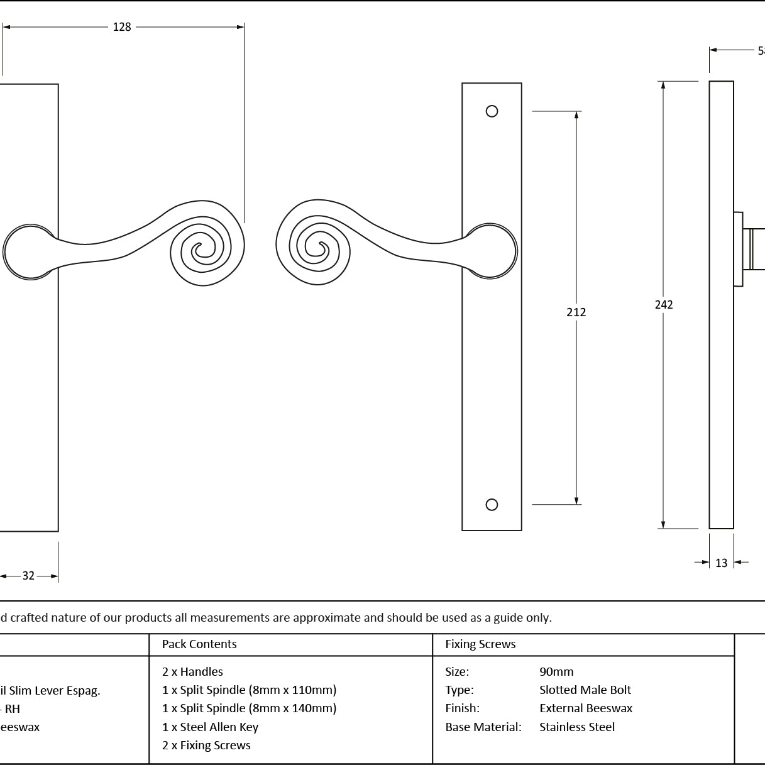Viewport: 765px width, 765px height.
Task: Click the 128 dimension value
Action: click(x=122, y=27)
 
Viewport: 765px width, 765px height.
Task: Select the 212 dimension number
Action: click(x=576, y=312)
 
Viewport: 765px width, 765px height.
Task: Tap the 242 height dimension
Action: click(x=664, y=305)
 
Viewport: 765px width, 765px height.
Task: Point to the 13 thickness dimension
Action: click(x=721, y=563)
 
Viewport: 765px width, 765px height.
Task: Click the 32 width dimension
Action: click(x=28, y=576)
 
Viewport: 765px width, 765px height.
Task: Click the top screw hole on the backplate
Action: click(x=492, y=111)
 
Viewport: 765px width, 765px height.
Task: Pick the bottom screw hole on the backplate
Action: click(x=492, y=504)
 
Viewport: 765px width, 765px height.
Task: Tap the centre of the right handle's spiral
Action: click(x=319, y=249)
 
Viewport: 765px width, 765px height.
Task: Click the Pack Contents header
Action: click(x=199, y=644)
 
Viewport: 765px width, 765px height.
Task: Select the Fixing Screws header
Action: click(x=480, y=644)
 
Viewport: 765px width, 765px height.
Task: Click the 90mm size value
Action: click(x=556, y=672)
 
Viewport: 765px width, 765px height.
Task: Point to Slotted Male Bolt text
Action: click(x=585, y=690)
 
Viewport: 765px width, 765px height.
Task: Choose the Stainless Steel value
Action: click(x=577, y=727)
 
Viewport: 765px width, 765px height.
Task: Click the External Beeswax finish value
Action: click(x=586, y=708)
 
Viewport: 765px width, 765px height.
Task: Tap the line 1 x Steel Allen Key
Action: click(x=210, y=727)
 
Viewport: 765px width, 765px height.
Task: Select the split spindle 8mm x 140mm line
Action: click(x=249, y=708)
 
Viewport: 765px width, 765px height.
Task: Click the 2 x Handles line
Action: click(x=192, y=672)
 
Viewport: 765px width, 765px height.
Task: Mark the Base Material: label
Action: click(x=483, y=727)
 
